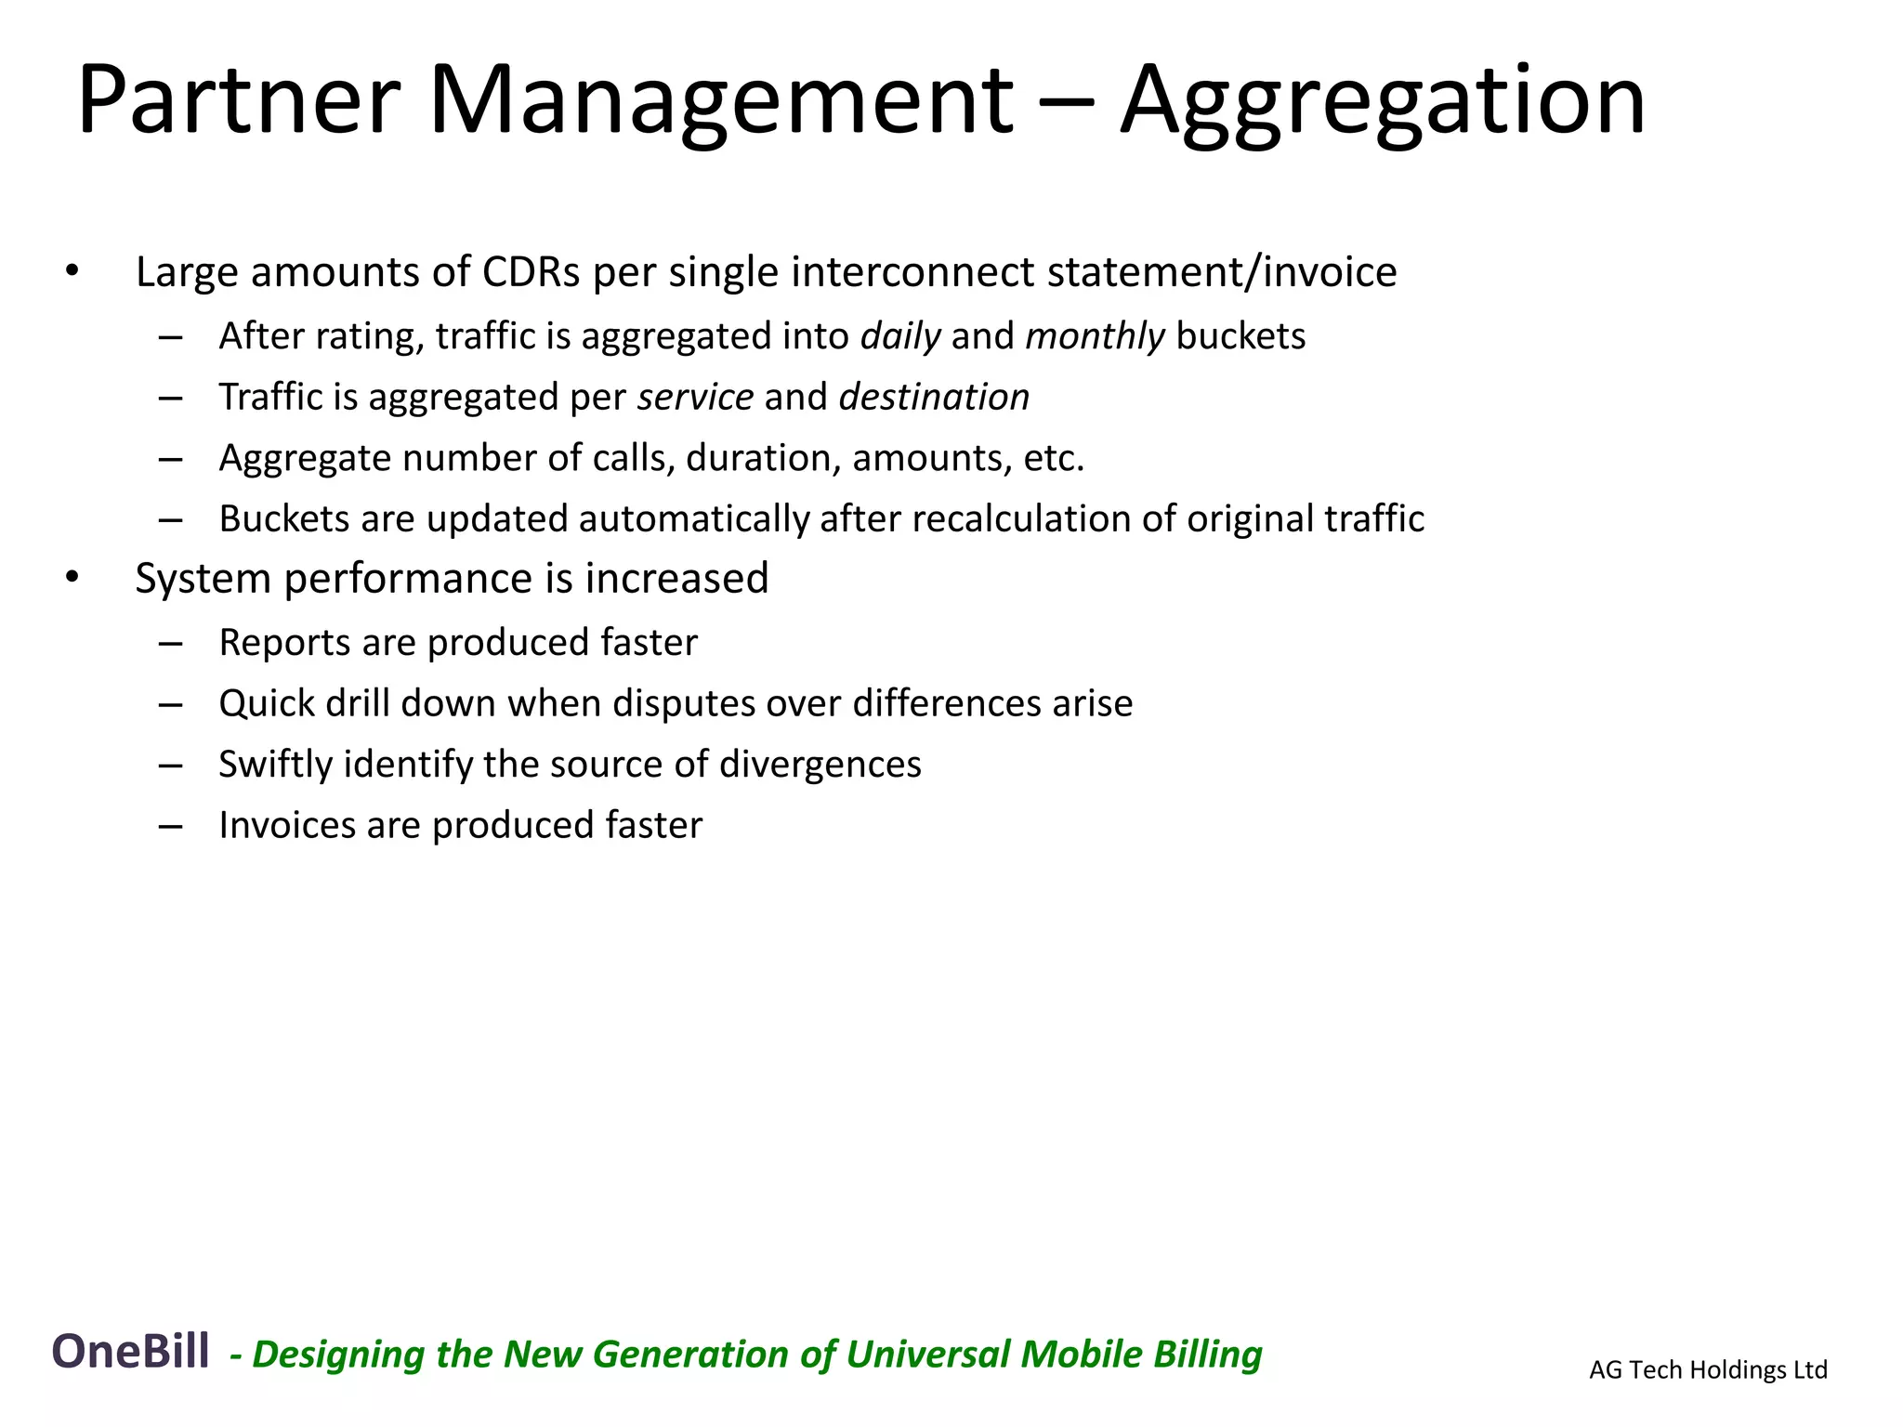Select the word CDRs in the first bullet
click(531, 272)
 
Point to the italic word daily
click(900, 336)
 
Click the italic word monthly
click(1095, 336)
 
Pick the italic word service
click(695, 397)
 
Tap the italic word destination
click(934, 397)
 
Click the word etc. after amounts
click(1054, 458)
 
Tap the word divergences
click(820, 765)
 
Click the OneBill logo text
click(130, 1352)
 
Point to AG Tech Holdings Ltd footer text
click(1708, 1369)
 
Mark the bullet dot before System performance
click(72, 577)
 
